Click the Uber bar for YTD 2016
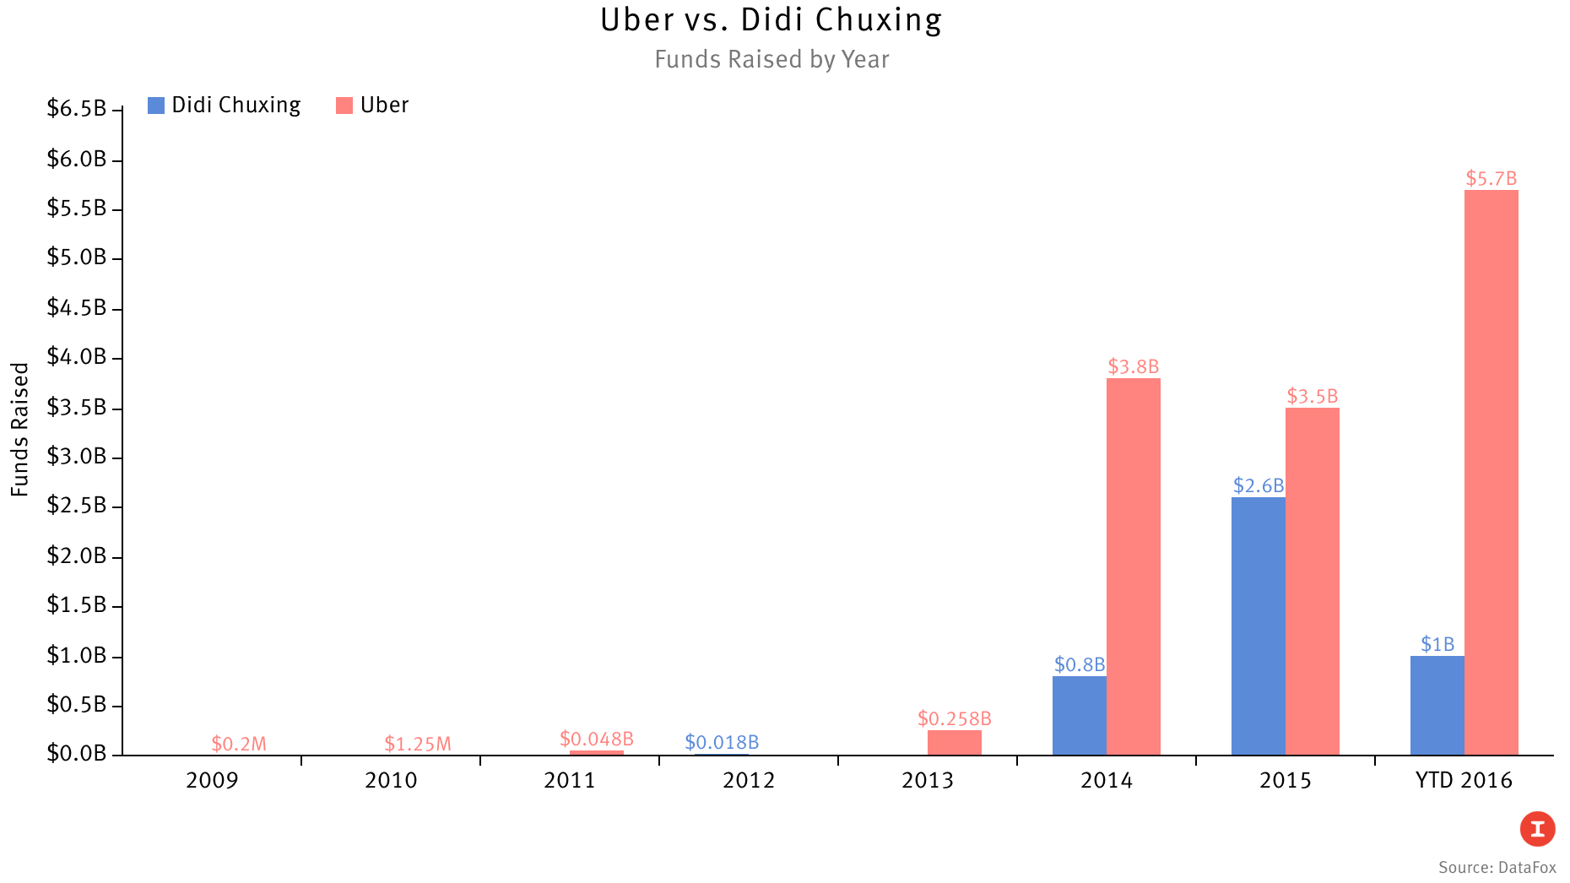(1491, 473)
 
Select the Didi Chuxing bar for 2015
(1258, 626)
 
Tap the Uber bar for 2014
(1133, 566)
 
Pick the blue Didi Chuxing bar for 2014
(1079, 715)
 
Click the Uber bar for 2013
(954, 743)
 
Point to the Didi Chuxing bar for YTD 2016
(1437, 706)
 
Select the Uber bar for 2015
(1312, 582)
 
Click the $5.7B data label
(1491, 179)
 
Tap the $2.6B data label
(1258, 485)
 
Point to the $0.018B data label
(722, 742)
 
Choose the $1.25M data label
(418, 744)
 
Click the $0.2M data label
(239, 744)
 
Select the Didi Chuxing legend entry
(225, 106)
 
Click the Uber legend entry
(372, 106)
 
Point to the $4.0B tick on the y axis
(77, 357)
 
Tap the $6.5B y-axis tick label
(77, 109)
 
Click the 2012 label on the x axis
(749, 780)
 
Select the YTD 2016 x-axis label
(1464, 780)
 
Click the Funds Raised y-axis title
(20, 429)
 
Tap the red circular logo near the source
(1537, 829)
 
